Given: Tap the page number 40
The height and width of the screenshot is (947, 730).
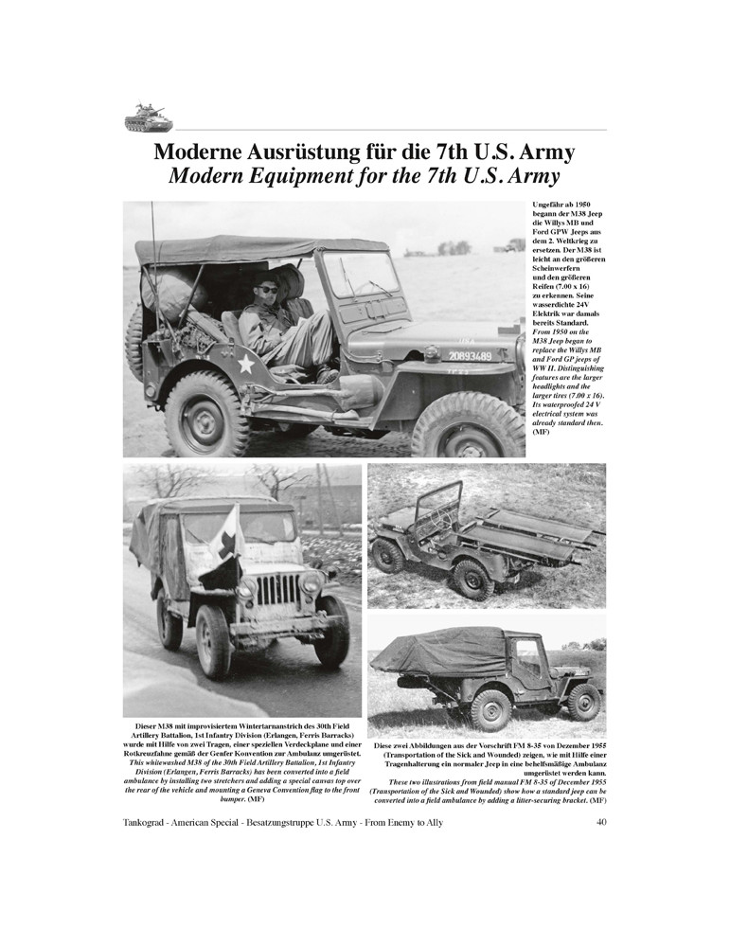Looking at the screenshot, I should (x=601, y=822).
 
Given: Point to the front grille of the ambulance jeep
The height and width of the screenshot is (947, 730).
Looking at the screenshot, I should (x=277, y=590).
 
